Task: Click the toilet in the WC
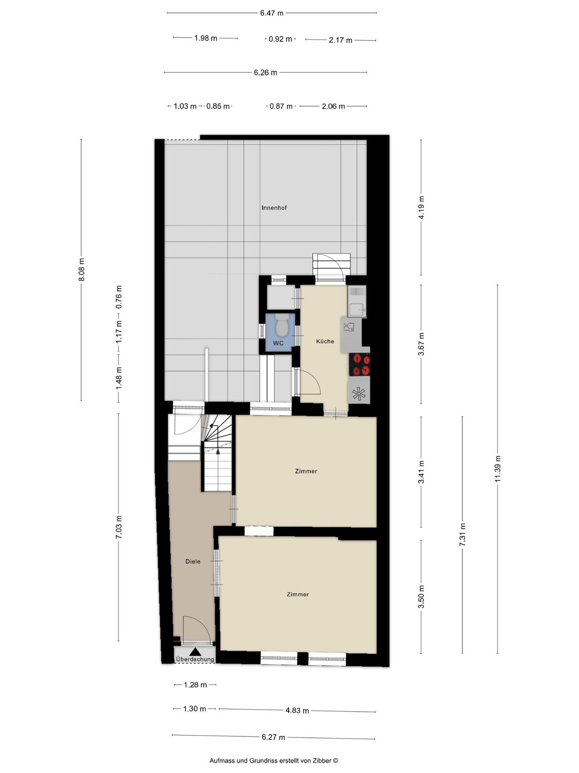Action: point(282,325)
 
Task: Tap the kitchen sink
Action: point(357,301)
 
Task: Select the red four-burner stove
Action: point(359,365)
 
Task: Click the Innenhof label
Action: point(274,208)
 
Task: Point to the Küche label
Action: point(325,341)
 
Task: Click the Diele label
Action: point(193,561)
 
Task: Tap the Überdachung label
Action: point(195,659)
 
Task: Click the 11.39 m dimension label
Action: point(498,469)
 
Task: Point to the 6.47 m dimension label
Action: point(272,13)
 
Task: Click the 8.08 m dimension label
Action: point(81,270)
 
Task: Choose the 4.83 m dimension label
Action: point(297,711)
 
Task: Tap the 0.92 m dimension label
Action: point(280,39)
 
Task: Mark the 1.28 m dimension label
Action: point(195,685)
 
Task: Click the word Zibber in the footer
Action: point(322,761)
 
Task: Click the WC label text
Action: point(278,343)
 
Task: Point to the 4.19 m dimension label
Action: point(421,207)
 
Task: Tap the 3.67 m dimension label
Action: point(421,344)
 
